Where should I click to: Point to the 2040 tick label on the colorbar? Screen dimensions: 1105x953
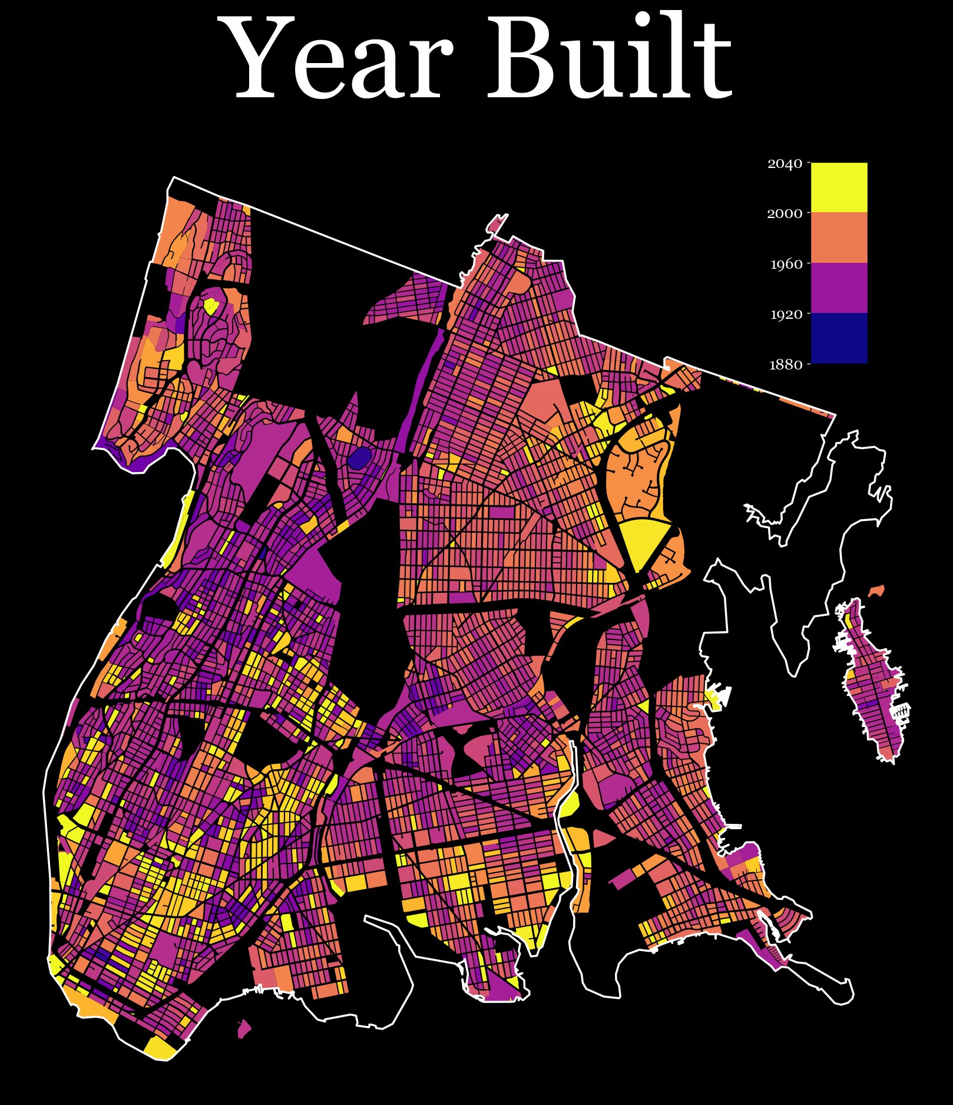[x=785, y=164]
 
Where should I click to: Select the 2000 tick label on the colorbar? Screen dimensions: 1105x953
[x=785, y=214]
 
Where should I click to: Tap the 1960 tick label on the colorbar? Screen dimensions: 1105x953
[x=786, y=264]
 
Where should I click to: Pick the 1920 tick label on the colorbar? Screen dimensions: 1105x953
[x=786, y=314]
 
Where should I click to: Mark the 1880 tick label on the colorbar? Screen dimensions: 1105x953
[x=786, y=365]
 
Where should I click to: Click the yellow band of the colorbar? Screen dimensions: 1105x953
[x=839, y=187]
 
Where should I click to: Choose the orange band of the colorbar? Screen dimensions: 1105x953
[x=839, y=238]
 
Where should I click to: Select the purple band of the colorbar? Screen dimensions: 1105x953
[x=839, y=288]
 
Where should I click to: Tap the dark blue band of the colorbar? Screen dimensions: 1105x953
[x=839, y=338]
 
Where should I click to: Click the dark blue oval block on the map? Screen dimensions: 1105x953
[x=359, y=457]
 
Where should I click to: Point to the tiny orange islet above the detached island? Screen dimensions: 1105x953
[x=877, y=590]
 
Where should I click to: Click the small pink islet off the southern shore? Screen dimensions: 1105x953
[x=244, y=1029]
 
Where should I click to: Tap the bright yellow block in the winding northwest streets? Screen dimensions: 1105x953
[x=211, y=306]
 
